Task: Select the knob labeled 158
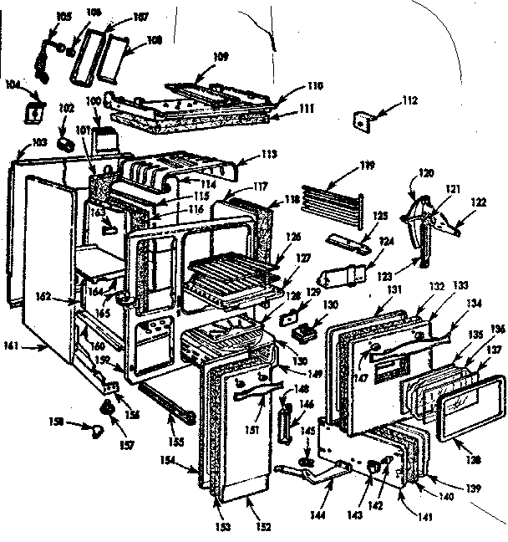point(98,430)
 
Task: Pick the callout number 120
point(426,173)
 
